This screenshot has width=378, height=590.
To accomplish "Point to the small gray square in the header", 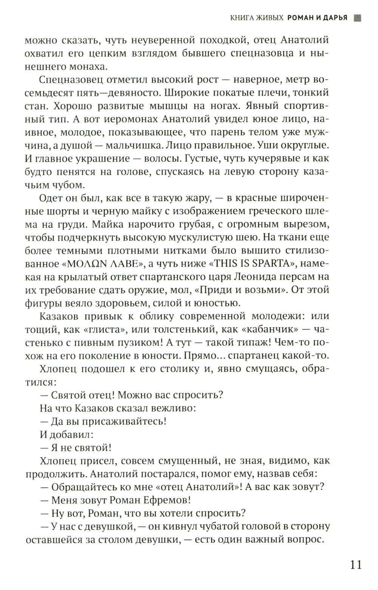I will click(357, 18).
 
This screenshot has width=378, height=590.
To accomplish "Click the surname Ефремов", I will click(166, 500).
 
